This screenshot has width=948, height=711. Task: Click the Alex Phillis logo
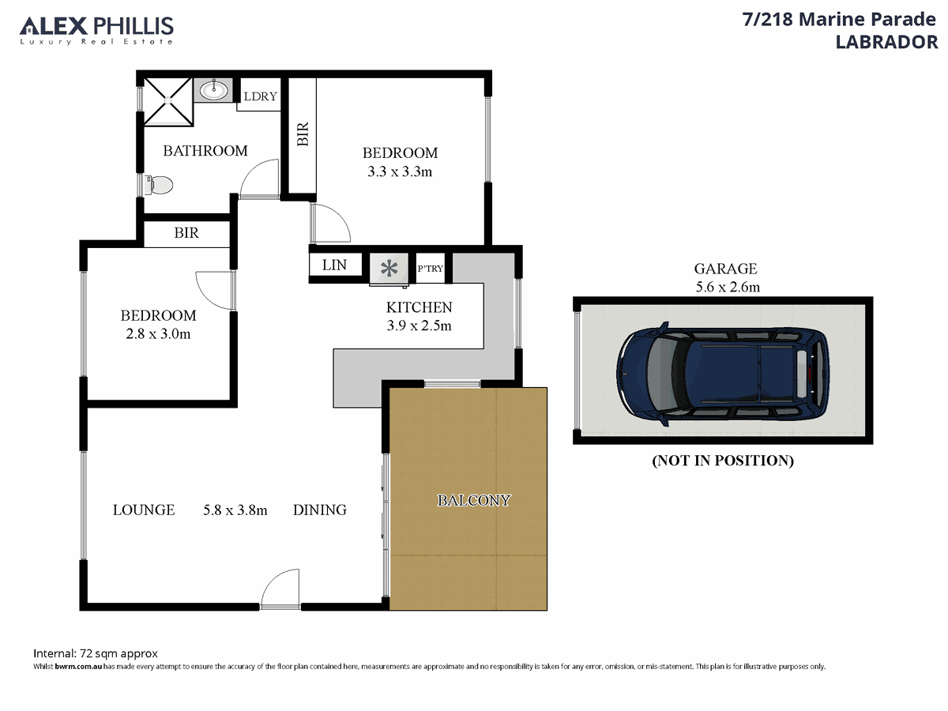[96, 30]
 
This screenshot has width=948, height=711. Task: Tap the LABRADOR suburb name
[886, 43]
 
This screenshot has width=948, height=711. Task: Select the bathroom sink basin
[214, 90]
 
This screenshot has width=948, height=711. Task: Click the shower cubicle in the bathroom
[168, 101]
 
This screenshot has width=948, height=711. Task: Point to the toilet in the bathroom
[159, 185]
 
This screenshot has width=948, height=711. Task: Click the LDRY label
[260, 96]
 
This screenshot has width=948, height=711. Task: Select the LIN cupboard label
[334, 265]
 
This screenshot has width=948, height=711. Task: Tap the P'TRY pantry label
[431, 269]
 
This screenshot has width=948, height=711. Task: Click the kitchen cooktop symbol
[389, 269]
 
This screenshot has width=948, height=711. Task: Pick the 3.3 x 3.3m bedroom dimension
[400, 171]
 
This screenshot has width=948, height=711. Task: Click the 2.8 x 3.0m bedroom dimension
[158, 333]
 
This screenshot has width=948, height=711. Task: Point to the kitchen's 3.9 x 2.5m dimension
[419, 325]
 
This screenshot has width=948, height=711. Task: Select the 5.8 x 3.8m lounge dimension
[235, 510]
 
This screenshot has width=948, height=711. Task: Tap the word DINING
[320, 510]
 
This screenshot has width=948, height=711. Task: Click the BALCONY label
[474, 500]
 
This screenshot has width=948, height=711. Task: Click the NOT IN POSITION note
[723, 461]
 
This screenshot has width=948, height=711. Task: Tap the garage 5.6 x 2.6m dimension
[728, 287]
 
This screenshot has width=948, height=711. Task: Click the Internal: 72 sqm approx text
[96, 653]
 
